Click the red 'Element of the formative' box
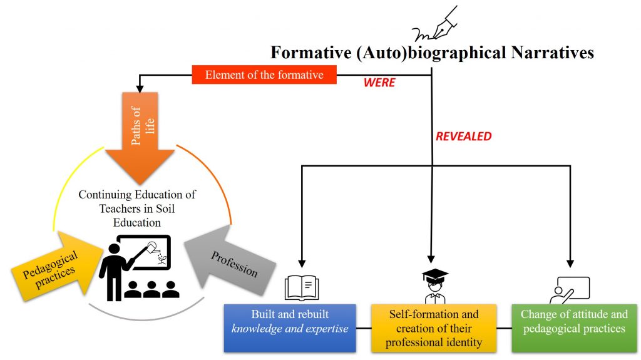[x=264, y=75]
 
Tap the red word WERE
[x=379, y=82]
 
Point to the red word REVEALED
[x=464, y=136]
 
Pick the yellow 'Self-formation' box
[x=434, y=327]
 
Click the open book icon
[x=302, y=288]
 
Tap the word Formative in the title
[x=311, y=53]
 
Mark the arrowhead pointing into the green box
[x=570, y=263]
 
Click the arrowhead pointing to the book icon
[x=302, y=263]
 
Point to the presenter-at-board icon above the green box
[x=569, y=290]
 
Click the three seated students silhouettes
[x=152, y=289]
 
